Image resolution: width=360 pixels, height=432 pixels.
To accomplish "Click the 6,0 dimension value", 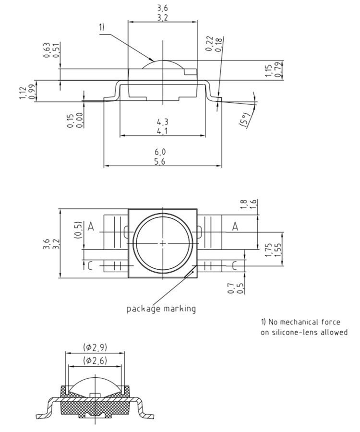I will point(163,152).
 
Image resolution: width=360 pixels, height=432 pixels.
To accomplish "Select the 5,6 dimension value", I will point(163,161).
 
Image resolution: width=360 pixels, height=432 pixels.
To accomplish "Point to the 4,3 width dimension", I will point(162,121).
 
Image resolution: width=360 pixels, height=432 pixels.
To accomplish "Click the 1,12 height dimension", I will point(23,91).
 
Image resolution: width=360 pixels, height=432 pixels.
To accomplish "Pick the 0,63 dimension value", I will point(47,50).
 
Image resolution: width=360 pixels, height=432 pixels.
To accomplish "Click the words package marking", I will point(161,309).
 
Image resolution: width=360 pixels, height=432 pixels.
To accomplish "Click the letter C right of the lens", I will point(235,265).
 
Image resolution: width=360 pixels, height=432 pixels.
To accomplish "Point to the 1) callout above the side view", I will point(102,27).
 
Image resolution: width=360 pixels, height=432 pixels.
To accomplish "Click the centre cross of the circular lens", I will point(163,243).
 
